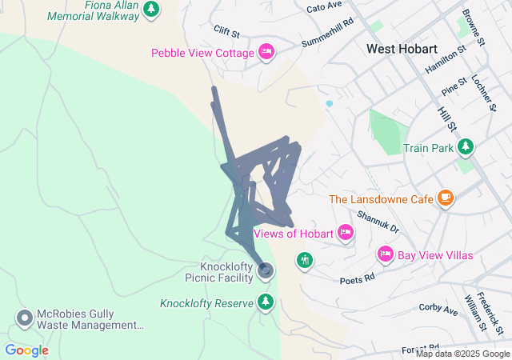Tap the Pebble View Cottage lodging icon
click(267, 53)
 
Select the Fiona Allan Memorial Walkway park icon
click(151, 10)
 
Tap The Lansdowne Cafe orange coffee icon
click(446, 198)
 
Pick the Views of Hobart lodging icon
click(345, 233)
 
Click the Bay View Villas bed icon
click(385, 254)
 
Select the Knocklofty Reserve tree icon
click(266, 302)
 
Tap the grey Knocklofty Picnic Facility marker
click(266, 270)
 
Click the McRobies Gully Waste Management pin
click(25, 318)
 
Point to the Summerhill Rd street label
click(327, 33)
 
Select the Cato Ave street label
click(324, 8)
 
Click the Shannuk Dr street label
click(378, 222)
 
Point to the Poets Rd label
click(357, 280)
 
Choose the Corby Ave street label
click(437, 307)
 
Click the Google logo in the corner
click(26, 350)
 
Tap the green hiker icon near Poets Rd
click(304, 260)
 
